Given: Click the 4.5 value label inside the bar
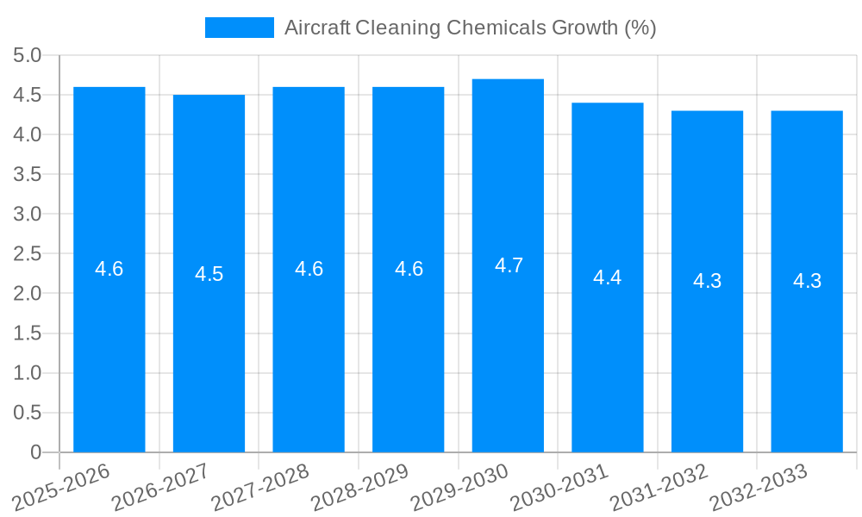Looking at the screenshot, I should tap(209, 274).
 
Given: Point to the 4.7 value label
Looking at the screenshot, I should tap(509, 265).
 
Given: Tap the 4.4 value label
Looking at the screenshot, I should tap(607, 277).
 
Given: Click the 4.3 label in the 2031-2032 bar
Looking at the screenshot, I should tap(707, 281).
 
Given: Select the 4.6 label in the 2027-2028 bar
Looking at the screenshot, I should tap(309, 269).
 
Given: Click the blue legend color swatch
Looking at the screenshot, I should tap(239, 28).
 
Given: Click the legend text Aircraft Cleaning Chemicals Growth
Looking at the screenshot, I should tap(470, 28).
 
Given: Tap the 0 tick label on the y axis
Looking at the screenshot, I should tap(35, 452).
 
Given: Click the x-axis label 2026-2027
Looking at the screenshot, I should tap(160, 487).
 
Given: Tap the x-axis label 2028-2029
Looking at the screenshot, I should tap(359, 487).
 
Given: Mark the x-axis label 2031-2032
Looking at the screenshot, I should tap(659, 487).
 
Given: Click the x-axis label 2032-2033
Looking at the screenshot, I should tap(759, 487).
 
